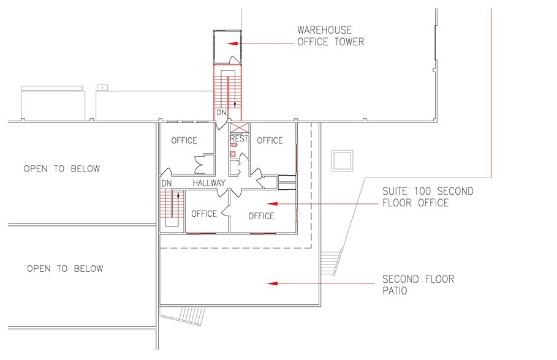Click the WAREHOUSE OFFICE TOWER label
[x=330, y=36]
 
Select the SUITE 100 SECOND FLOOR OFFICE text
[x=428, y=197]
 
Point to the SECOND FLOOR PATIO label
[x=419, y=285]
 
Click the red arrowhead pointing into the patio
[x=271, y=283]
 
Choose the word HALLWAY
[x=209, y=183]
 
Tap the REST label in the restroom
[x=239, y=139]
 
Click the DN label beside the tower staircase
[x=221, y=114]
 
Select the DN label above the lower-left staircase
[x=166, y=183]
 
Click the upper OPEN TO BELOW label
[x=61, y=168]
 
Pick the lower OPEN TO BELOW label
[x=65, y=268]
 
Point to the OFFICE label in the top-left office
[x=184, y=140]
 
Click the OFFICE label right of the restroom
[x=270, y=140]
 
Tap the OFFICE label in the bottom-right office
[x=261, y=216]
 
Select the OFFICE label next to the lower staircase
[x=204, y=214]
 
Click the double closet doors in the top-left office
[x=200, y=163]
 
